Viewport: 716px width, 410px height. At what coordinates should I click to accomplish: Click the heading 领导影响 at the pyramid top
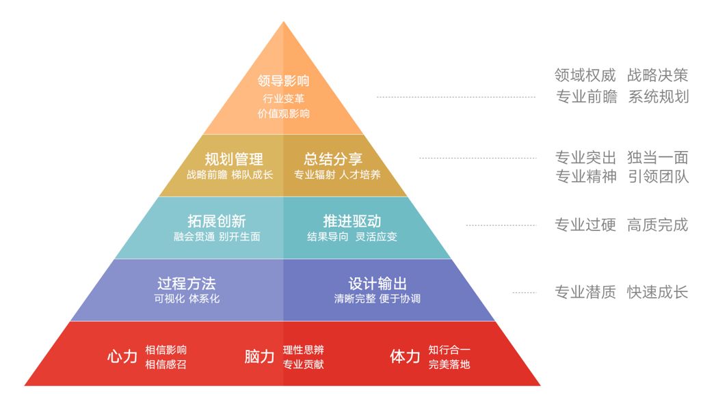283,81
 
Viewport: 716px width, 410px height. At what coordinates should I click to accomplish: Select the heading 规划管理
234,159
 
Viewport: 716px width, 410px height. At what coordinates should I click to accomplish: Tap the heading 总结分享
333,159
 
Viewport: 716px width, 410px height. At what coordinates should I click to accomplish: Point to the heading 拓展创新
216,221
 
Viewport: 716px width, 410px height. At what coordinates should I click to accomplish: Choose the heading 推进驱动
352,221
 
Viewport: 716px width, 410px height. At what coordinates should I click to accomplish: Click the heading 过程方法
186,284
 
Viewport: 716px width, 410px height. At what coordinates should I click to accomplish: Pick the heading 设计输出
377,284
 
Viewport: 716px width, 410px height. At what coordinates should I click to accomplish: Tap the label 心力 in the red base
122,356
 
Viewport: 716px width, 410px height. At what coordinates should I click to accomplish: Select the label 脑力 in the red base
259,356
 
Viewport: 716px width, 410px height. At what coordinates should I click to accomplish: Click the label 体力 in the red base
405,356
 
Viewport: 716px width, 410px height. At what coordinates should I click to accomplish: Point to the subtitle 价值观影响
283,113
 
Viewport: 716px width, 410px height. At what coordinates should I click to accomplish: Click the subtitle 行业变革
283,98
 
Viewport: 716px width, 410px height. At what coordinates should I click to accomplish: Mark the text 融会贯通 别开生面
216,237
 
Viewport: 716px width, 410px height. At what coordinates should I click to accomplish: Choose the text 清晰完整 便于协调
377,299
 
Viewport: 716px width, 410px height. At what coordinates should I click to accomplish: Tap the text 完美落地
449,364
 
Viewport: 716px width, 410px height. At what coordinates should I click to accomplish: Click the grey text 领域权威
585,75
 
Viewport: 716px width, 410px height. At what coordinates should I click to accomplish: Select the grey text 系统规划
658,96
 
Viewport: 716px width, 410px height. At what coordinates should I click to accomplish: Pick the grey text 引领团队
658,176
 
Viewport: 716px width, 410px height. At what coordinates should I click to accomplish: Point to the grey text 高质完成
658,225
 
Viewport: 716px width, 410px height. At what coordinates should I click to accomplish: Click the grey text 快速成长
658,292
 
